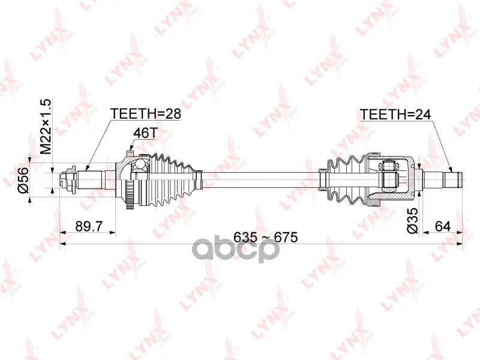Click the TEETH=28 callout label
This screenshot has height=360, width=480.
pyautogui.click(x=145, y=113)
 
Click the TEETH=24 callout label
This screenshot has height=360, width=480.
pyautogui.click(x=395, y=115)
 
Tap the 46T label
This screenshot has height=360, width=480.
pyautogui.click(x=145, y=133)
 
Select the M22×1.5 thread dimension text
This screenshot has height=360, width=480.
pyautogui.click(x=45, y=127)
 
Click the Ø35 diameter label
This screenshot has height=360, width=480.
pyautogui.click(x=412, y=221)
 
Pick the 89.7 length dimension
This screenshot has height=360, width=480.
pyautogui.click(x=89, y=227)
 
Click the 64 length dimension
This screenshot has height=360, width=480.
pyautogui.click(x=442, y=227)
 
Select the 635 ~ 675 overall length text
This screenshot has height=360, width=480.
pyautogui.click(x=265, y=237)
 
